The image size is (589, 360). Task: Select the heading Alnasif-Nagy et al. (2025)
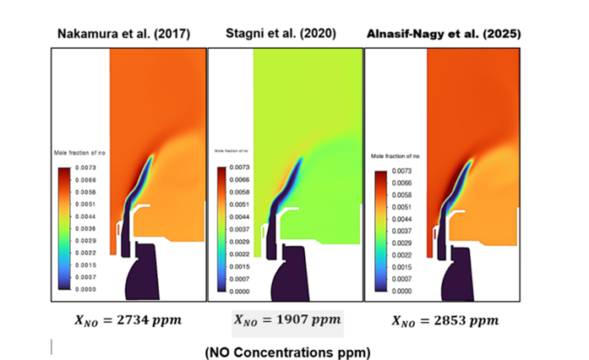point(444,33)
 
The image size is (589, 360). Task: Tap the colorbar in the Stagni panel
point(222,229)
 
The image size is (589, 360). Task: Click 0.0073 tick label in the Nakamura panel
point(86,168)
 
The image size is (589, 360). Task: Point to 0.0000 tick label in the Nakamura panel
point(86,290)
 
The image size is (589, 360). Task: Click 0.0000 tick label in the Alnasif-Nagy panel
point(401,290)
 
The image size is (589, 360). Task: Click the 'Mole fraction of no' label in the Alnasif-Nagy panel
point(396,157)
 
